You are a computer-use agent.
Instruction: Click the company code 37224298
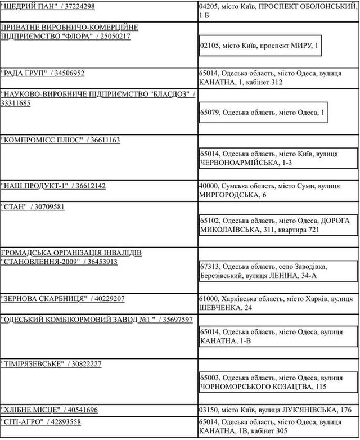click(79, 6)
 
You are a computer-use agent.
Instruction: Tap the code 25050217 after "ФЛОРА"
click(114, 36)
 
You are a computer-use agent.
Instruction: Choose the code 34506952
click(70, 73)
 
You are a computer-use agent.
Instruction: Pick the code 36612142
click(91, 186)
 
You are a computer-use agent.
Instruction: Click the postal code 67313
click(210, 266)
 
